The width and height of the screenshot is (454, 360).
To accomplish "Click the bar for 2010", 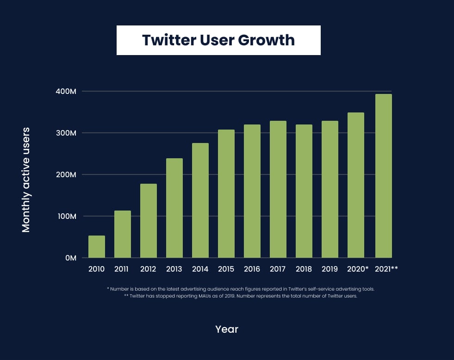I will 97,247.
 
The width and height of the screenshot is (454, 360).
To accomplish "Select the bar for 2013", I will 174,208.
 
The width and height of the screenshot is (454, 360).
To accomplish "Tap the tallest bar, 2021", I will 384,176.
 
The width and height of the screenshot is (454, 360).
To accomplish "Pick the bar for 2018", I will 304,191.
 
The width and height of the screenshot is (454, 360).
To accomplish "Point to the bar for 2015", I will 226,193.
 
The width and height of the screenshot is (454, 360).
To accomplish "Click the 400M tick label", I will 66,92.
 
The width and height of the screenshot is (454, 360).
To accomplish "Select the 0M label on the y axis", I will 70,258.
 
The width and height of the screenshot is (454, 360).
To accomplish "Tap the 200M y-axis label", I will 66,174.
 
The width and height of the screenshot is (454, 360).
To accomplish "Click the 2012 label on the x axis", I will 149,269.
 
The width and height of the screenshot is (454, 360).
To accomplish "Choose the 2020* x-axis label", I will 358,269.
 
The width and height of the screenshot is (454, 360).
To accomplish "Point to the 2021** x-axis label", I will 386,269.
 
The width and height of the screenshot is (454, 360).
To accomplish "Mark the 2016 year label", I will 252,269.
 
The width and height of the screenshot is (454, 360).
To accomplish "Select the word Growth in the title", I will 266,40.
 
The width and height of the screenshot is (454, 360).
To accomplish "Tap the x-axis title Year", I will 227,329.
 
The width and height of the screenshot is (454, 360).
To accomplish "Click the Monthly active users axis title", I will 26,180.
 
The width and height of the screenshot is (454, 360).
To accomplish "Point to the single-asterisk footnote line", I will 241,289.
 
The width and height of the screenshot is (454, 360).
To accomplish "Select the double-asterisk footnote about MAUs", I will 241,297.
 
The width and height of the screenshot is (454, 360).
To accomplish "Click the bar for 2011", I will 123,234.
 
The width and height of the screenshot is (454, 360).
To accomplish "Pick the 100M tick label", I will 66,216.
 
